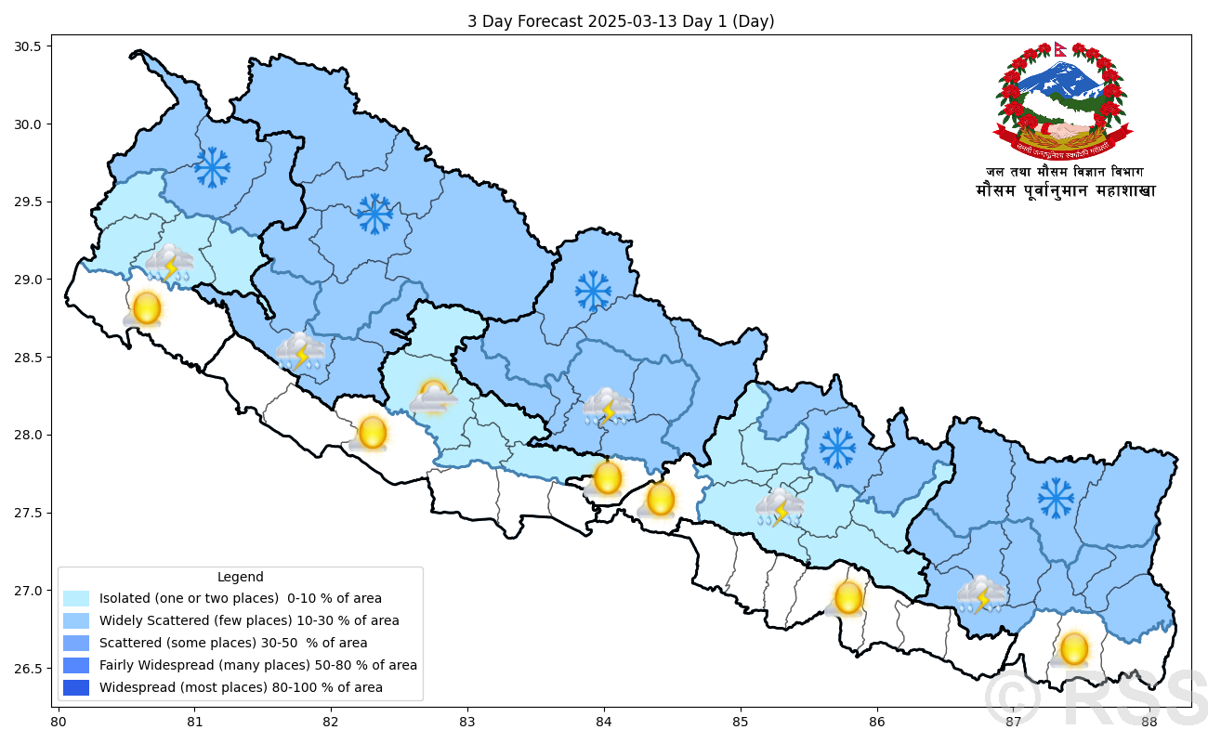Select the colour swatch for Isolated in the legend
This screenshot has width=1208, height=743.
[76, 598]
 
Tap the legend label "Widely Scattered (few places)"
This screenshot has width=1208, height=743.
[248, 620]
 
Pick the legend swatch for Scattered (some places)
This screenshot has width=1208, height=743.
[76, 643]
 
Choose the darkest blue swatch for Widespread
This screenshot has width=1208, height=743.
[76, 687]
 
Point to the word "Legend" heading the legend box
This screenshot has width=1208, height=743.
[240, 577]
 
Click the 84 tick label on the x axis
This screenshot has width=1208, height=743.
[604, 721]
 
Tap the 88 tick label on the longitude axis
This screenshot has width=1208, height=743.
[1149, 721]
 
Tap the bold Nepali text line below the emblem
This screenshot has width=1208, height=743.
[1065, 191]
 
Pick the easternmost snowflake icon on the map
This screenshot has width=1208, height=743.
[1056, 498]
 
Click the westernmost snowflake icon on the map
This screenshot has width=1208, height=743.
[212, 167]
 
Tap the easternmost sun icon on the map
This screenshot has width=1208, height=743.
[1073, 648]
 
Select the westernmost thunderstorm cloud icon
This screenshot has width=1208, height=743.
[169, 264]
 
